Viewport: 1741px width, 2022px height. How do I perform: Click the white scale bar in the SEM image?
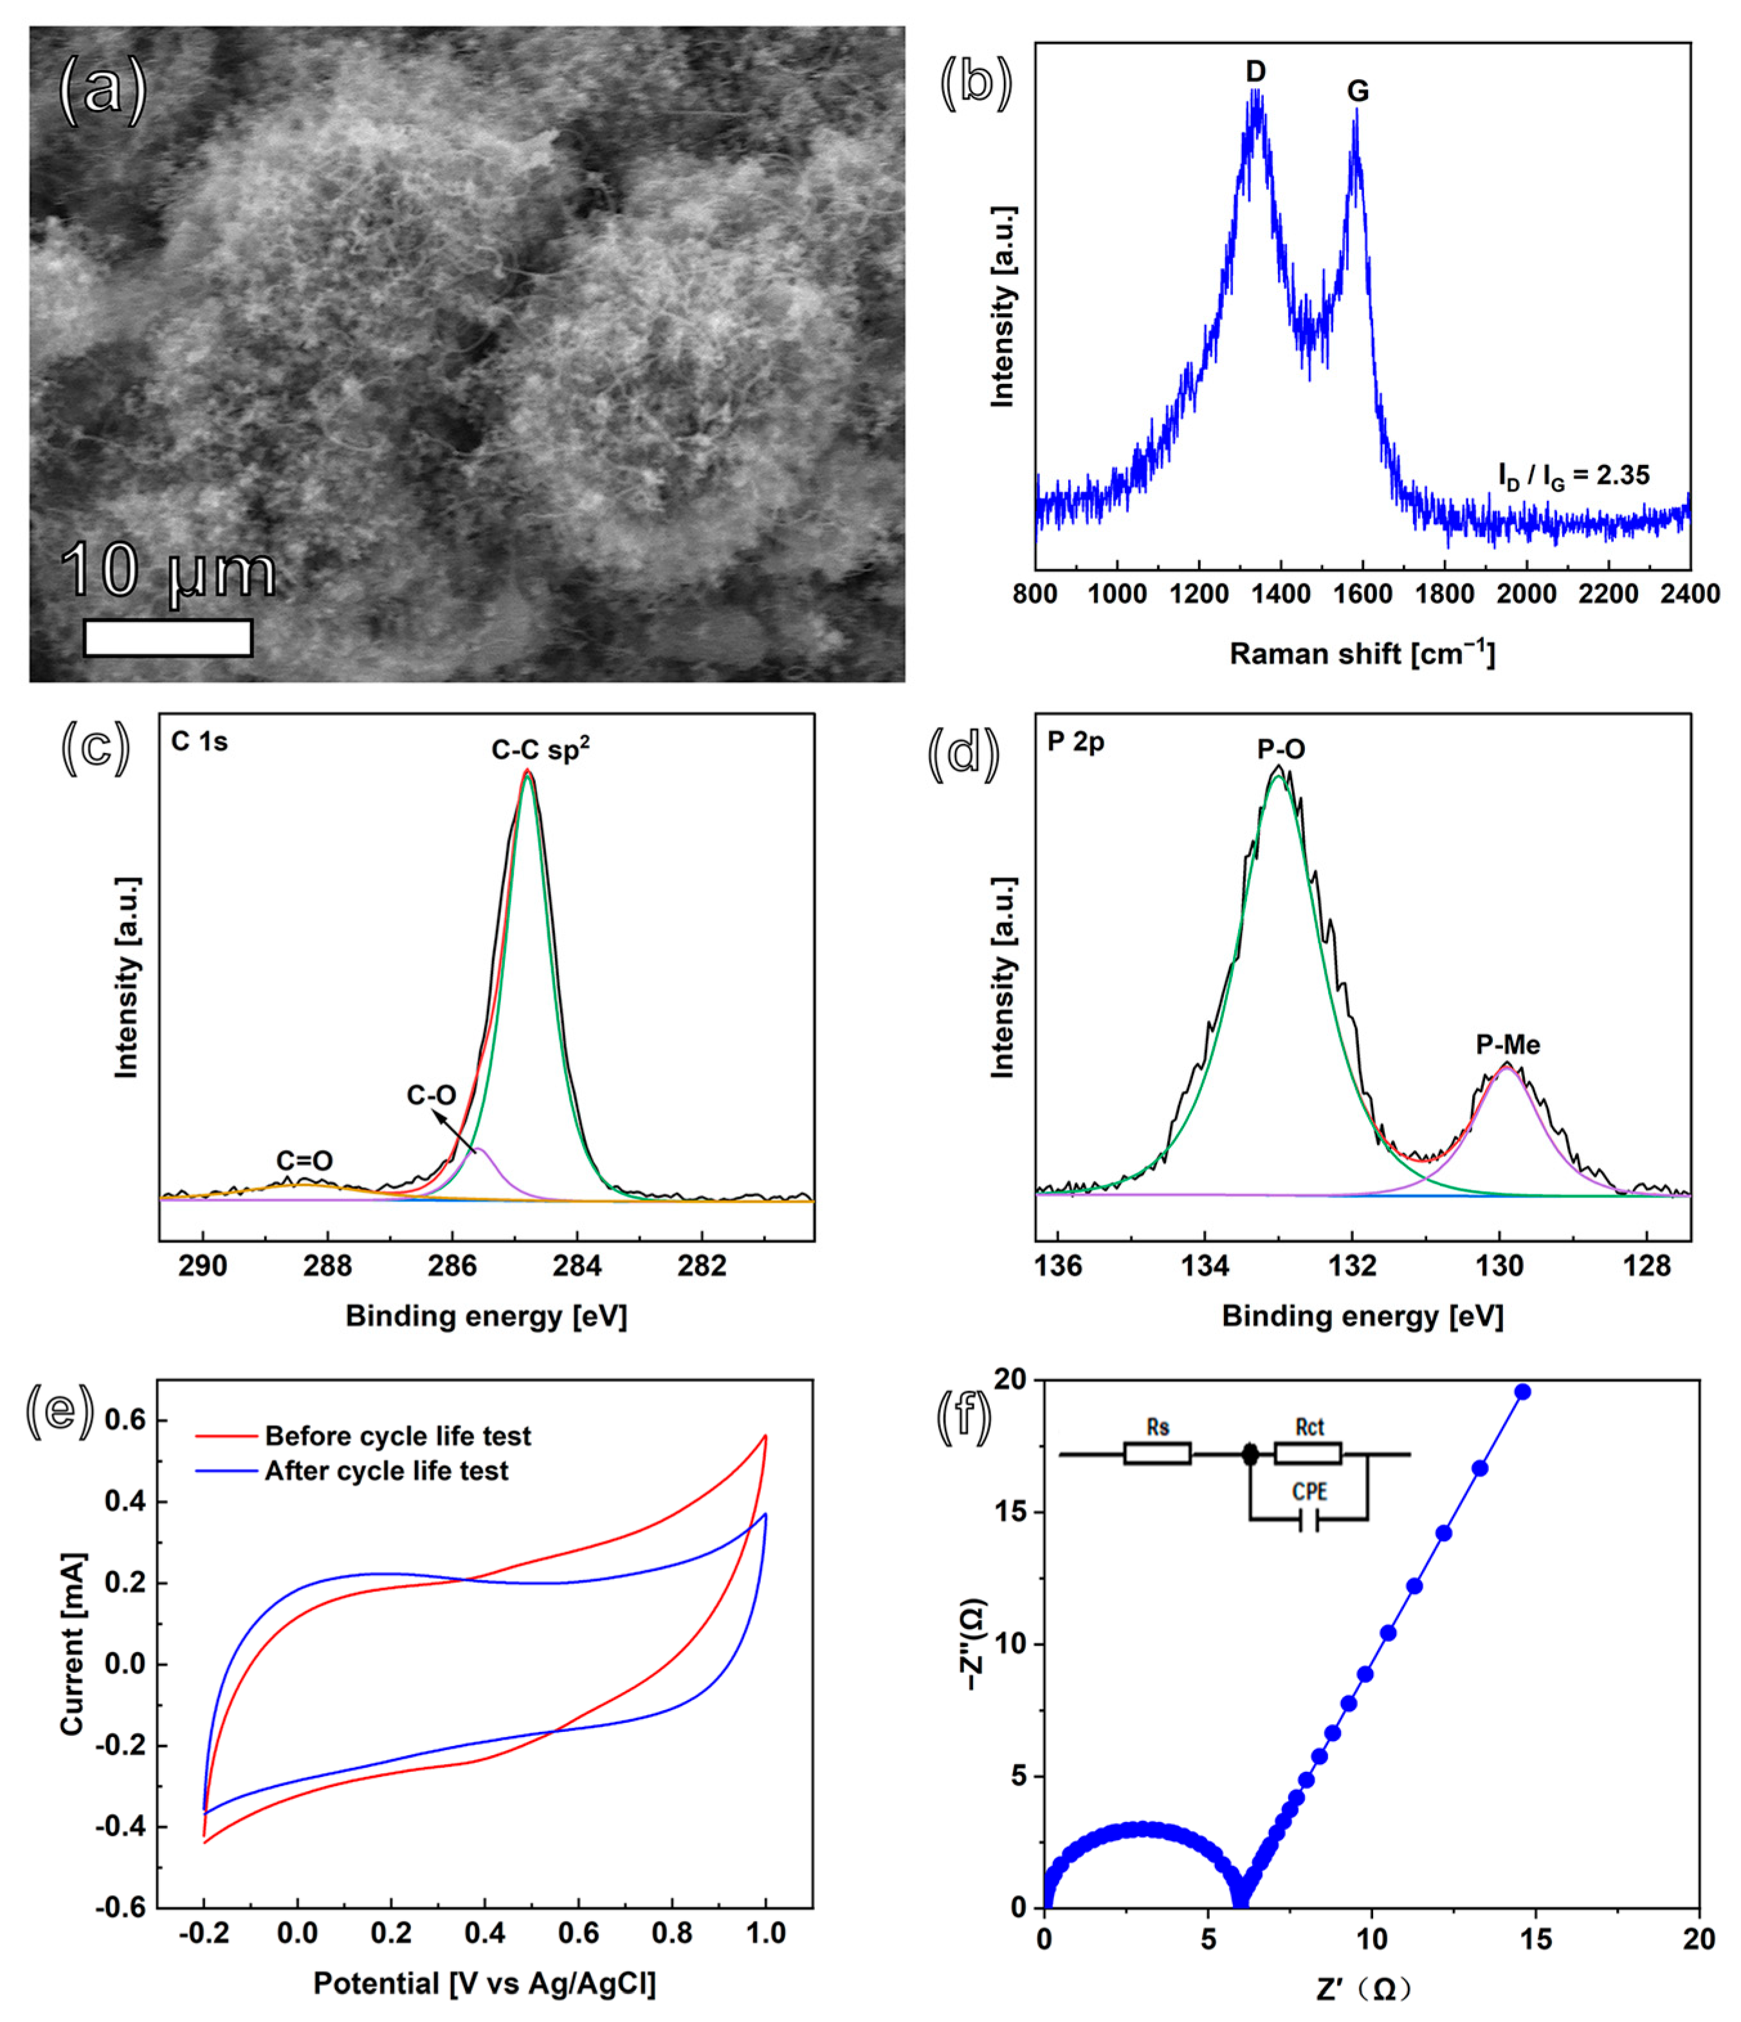pos(168,637)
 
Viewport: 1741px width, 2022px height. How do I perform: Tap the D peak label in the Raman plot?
pos(1255,71)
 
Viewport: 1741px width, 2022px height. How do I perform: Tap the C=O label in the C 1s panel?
pos(304,1160)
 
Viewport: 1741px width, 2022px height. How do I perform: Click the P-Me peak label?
pos(1508,1045)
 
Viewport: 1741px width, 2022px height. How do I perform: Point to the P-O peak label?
pos(1281,749)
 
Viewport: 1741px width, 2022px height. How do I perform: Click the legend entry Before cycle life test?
pos(397,1437)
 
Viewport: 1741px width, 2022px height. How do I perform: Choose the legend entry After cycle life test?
pos(387,1471)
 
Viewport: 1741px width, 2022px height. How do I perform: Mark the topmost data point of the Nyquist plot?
pos(1522,1392)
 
